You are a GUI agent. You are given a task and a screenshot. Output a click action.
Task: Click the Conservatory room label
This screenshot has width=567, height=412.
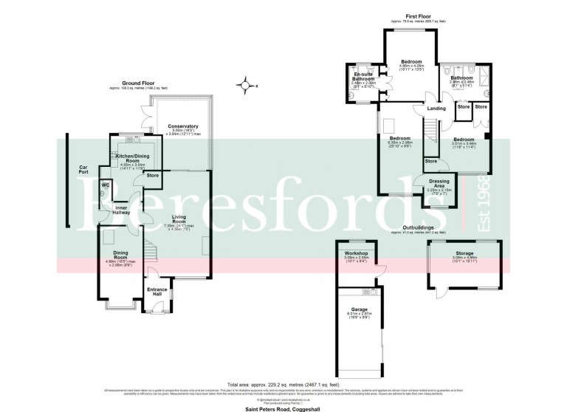click(182, 126)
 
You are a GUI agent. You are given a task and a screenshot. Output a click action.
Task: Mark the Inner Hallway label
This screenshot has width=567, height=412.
click(123, 212)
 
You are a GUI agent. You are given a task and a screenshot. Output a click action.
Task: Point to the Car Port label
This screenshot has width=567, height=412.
click(83, 171)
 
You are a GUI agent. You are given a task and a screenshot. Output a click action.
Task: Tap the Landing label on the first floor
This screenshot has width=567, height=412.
click(436, 109)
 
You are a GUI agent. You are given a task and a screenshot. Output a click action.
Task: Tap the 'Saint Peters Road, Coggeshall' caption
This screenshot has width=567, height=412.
click(283, 406)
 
